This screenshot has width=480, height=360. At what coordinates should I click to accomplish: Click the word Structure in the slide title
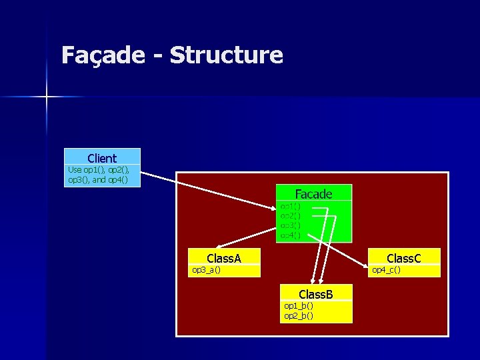[226, 55]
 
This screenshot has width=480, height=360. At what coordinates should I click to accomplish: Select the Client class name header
[102, 158]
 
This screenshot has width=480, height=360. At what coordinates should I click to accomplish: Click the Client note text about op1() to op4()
[101, 175]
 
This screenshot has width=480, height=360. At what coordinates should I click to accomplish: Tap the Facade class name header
[313, 193]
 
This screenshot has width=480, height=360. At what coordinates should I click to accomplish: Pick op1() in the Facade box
[290, 207]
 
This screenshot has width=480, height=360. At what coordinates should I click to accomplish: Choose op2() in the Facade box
[290, 216]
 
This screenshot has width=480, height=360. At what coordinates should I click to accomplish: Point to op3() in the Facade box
[290, 225]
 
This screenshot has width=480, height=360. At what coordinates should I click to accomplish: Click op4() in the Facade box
[290, 235]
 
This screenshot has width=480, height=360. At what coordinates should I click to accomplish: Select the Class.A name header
[224, 258]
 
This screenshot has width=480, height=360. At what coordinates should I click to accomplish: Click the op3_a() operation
[207, 270]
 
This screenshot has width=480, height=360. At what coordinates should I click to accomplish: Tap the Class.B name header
[316, 294]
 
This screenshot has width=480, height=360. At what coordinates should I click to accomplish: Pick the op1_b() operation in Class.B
[299, 305]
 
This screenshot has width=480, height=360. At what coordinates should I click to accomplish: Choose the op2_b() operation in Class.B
[299, 315]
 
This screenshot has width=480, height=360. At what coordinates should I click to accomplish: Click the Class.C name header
[404, 258]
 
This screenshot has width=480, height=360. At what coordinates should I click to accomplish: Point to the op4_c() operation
[386, 270]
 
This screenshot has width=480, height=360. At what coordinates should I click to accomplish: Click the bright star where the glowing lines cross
[47, 97]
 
